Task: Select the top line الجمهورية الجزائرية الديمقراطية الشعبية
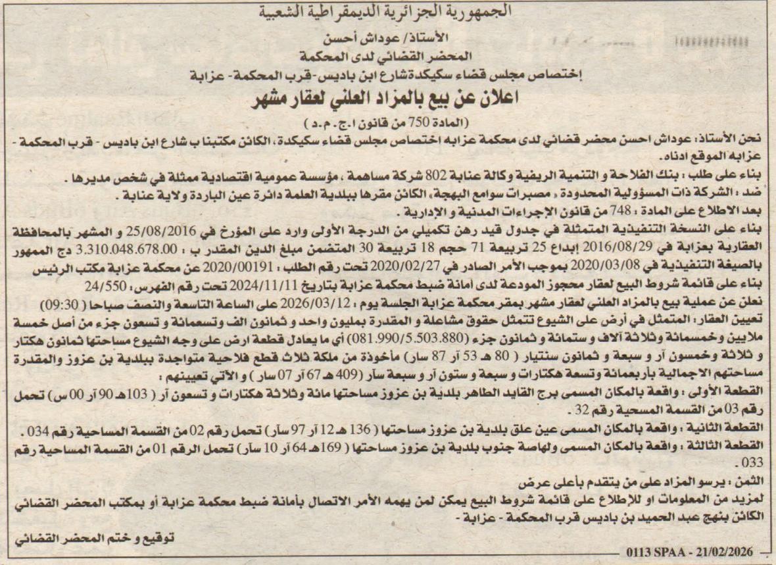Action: click(388, 11)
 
